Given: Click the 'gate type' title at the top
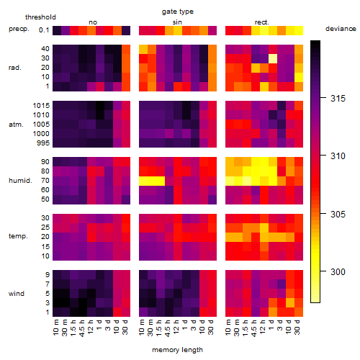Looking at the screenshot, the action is point(178,12).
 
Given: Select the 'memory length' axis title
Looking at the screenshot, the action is point(177,350).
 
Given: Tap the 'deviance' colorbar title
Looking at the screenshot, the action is point(341,29).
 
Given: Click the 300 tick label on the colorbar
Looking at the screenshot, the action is point(338,272).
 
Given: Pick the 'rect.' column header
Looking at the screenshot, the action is point(261,22).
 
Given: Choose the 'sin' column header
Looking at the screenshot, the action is point(177,22).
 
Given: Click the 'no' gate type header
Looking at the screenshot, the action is point(93,22).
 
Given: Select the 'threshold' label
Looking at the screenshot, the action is point(40,17).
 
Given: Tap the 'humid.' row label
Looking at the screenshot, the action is point(20,181).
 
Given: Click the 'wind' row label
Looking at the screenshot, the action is point(17,294).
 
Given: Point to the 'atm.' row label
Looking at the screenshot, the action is point(16,125).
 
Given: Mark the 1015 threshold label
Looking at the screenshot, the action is point(41,106).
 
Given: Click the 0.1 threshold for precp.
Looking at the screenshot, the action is point(44,30).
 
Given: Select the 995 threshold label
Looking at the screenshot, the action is point(43,143).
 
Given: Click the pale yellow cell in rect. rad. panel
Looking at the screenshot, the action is point(273,58).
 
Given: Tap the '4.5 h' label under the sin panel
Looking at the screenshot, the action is point(168,328).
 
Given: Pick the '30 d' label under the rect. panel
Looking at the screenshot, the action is point(297,328).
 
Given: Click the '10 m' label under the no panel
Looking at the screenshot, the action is point(55,328).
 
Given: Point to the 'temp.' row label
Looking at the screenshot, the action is point(18,236).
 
